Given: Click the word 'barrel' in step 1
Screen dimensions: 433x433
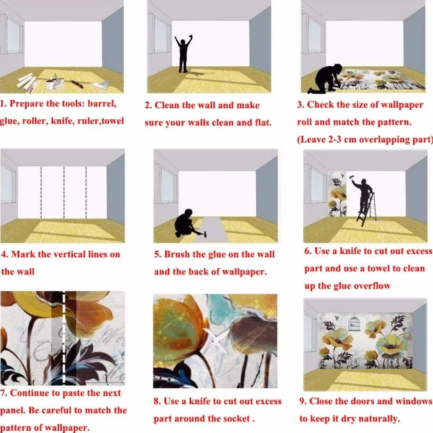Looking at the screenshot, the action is pyautogui.click(x=102, y=104).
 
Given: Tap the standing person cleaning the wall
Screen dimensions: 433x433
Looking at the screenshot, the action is pyautogui.click(x=183, y=54).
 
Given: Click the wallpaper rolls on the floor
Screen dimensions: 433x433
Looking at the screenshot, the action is pyautogui.click(x=27, y=81).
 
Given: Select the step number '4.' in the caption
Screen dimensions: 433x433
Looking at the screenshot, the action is pyautogui.click(x=5, y=254).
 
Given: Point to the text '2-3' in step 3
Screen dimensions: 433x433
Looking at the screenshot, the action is pyautogui.click(x=335, y=140).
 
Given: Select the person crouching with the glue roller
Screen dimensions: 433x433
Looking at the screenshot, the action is pyautogui.click(x=184, y=223).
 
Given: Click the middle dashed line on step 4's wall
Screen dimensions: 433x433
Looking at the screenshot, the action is pyautogui.click(x=64, y=193).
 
